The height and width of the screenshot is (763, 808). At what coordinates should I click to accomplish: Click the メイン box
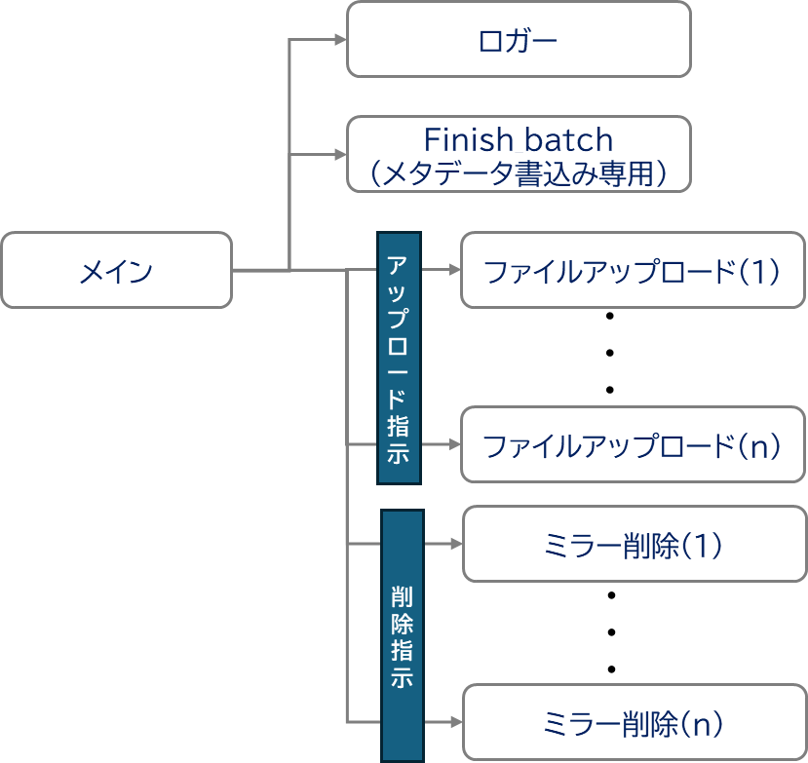[x=116, y=270]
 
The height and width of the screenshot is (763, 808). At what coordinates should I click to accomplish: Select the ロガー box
[x=519, y=39]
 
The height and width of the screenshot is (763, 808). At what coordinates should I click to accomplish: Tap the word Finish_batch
[x=518, y=138]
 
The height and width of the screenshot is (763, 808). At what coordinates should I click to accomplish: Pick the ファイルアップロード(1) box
[x=633, y=270]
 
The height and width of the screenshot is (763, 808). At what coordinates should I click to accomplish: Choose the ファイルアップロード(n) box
[x=633, y=445]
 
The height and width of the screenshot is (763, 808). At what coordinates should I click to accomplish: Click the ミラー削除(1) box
[x=634, y=544]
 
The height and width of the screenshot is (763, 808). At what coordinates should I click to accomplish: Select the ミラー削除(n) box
[x=634, y=722]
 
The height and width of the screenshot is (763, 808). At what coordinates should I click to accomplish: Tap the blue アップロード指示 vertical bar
[x=399, y=358]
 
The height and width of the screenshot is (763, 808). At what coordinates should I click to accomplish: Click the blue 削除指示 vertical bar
[x=402, y=634]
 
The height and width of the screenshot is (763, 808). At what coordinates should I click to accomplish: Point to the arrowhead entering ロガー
[x=340, y=40]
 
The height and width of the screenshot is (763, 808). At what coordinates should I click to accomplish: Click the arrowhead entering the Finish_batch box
[x=340, y=154]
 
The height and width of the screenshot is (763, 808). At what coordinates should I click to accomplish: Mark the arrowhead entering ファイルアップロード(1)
[x=453, y=270]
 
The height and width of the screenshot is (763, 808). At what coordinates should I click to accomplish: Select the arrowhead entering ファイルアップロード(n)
[x=453, y=445]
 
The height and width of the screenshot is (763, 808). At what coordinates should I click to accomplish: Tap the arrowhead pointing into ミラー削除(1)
[x=455, y=544]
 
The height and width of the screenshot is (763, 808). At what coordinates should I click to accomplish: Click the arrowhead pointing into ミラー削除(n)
[x=455, y=722]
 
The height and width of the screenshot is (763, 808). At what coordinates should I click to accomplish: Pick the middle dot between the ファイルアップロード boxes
[x=610, y=353]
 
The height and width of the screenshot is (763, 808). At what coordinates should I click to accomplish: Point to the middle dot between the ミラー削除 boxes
[x=612, y=631]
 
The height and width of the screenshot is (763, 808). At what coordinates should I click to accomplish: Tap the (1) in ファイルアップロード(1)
[x=758, y=271]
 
